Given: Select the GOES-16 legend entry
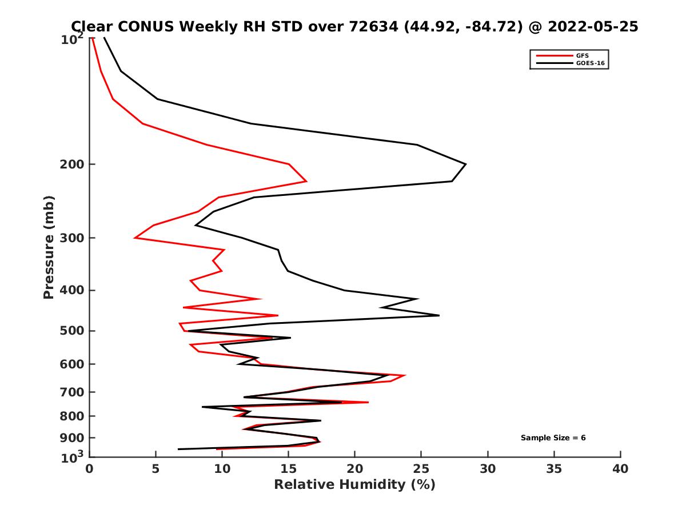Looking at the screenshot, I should (x=588, y=63).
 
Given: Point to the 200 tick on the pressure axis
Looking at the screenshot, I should (x=72, y=164).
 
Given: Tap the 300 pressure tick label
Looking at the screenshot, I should (x=72, y=238).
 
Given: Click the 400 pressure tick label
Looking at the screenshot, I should (x=72, y=290).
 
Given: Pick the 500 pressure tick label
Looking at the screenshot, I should (x=72, y=331).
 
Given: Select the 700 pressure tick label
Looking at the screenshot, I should (x=72, y=392).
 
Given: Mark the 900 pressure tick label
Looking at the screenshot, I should (x=72, y=438).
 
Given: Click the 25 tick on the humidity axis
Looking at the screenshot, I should (x=421, y=469).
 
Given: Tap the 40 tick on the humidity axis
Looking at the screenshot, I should (x=620, y=469).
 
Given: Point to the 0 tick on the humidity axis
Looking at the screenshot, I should (x=90, y=469).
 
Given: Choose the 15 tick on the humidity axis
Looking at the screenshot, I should (x=289, y=469).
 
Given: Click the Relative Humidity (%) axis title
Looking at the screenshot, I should (x=354, y=485).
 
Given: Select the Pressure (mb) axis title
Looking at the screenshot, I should (x=49, y=247).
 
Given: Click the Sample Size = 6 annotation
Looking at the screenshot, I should (x=553, y=438).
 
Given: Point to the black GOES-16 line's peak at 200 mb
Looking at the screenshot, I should (x=465, y=164).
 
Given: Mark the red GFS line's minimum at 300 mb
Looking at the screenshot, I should (x=135, y=238).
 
